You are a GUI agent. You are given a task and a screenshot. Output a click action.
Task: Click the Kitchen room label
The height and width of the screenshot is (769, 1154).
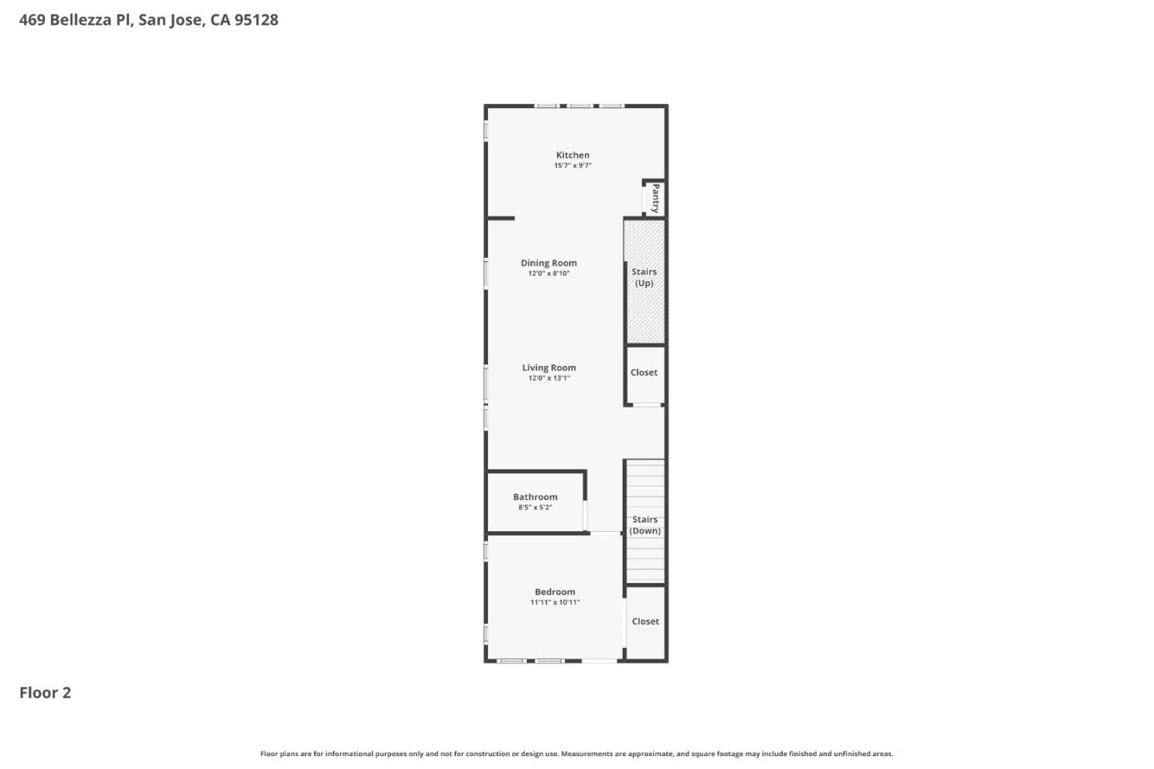click(572, 155)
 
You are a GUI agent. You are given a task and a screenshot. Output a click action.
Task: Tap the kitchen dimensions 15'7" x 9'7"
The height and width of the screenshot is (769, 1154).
click(572, 166)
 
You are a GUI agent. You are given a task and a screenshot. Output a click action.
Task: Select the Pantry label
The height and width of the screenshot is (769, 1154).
click(656, 198)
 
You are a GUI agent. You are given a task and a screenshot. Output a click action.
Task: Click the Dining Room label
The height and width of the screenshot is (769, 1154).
click(548, 263)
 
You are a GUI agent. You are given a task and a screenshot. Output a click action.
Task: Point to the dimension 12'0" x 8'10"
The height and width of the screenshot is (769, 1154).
click(548, 274)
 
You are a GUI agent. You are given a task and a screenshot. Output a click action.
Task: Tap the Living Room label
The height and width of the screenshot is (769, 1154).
click(548, 368)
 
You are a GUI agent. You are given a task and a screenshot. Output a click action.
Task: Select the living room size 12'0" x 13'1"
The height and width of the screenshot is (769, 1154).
click(548, 378)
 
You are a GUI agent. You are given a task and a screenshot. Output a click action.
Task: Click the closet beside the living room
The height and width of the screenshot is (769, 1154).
click(644, 372)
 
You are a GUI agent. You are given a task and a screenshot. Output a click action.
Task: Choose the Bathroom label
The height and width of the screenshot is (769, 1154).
click(535, 497)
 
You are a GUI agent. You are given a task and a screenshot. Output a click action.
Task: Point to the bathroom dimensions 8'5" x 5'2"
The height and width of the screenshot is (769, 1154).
click(535, 508)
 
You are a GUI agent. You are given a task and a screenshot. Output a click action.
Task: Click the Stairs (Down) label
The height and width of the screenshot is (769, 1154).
click(644, 525)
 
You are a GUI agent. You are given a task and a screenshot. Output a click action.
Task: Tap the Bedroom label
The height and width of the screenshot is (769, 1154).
click(555, 592)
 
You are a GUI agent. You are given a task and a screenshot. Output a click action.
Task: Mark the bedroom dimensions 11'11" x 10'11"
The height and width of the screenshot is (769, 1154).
click(555, 602)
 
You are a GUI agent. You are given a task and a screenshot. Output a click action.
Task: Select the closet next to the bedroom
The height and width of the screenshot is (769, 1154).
click(645, 622)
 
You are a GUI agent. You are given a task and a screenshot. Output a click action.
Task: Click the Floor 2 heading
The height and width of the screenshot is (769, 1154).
click(45, 693)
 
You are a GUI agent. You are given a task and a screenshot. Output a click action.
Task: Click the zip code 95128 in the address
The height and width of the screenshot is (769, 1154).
click(256, 20)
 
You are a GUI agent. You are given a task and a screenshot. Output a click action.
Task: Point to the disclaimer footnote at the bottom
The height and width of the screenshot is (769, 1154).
click(576, 754)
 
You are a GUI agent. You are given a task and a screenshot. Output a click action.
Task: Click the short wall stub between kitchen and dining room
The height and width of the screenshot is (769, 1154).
click(501, 218)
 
